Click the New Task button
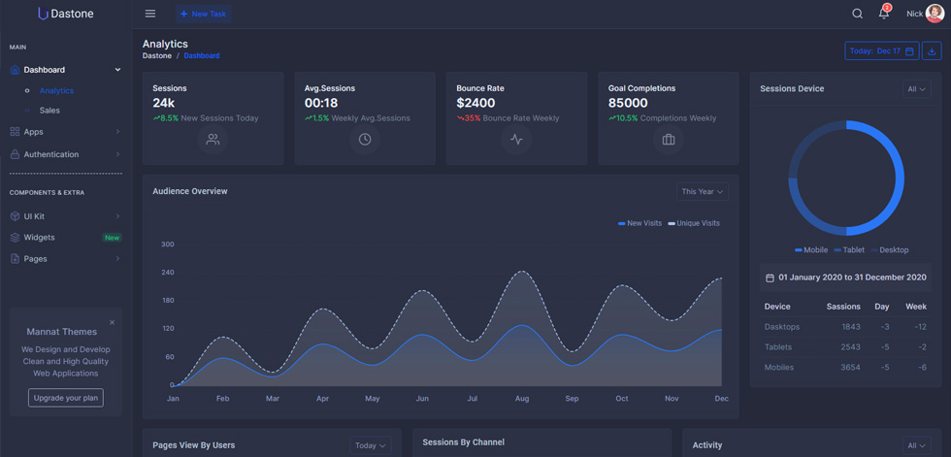pyautogui.click(x=203, y=14)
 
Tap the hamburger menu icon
pyautogui.click(x=150, y=14)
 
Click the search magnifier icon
pyautogui.click(x=857, y=14)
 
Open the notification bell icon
pyautogui.click(x=884, y=14)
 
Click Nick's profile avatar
pyautogui.click(x=935, y=14)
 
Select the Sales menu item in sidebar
pyautogui.click(x=49, y=111)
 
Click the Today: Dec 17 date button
pyautogui.click(x=882, y=50)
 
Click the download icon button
pyautogui.click(x=932, y=50)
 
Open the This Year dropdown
pyautogui.click(x=703, y=191)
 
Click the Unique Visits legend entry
pyautogui.click(x=694, y=224)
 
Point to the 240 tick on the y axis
pyautogui.click(x=167, y=273)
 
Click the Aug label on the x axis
pyautogui.click(x=522, y=399)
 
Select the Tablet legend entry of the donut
pyautogui.click(x=849, y=250)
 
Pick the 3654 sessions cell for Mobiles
pyautogui.click(x=850, y=368)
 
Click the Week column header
pyautogui.click(x=916, y=307)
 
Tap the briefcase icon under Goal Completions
pyautogui.click(x=669, y=140)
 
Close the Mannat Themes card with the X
pyautogui.click(x=112, y=322)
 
